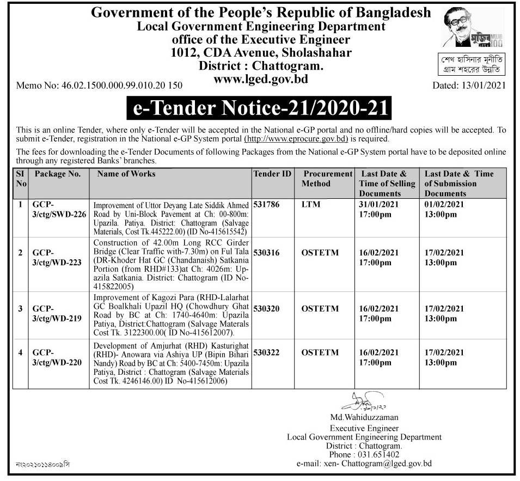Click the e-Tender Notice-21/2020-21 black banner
click(x=260, y=108)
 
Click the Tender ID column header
click(x=272, y=174)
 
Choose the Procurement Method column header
click(x=328, y=179)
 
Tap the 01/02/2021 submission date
click(x=444, y=205)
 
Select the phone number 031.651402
click(x=379, y=454)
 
